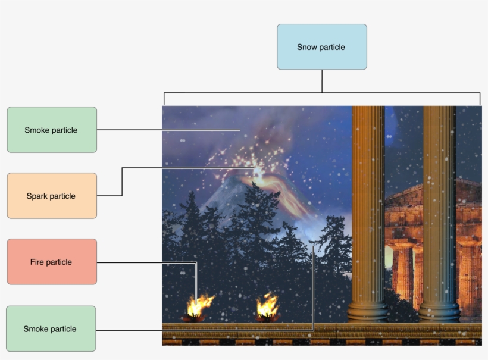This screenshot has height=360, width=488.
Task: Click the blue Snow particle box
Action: (x=321, y=47)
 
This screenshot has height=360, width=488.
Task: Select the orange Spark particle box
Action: (x=52, y=196)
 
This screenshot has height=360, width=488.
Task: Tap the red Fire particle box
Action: (x=52, y=262)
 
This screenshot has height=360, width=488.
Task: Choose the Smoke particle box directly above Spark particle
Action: (x=52, y=130)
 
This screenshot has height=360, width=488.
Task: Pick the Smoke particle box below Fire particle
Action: (x=51, y=328)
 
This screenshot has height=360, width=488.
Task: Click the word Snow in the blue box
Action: (x=306, y=47)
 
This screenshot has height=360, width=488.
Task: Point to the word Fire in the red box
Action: (x=37, y=262)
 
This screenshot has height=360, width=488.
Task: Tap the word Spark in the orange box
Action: (x=37, y=196)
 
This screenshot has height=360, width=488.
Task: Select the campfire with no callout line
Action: (x=267, y=307)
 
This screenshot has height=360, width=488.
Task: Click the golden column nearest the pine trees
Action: (x=368, y=208)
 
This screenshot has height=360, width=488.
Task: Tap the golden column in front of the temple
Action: (x=439, y=208)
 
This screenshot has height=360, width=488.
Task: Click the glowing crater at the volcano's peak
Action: (x=258, y=173)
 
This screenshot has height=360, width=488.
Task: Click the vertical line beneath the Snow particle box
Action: (x=322, y=81)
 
